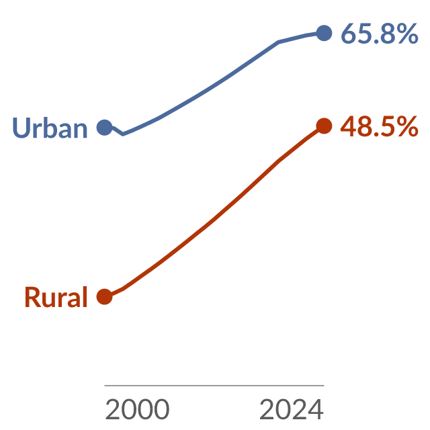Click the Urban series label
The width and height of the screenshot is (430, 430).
coord(50,128)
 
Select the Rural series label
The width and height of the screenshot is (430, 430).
coord(56,297)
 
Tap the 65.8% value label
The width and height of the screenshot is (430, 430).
coord(379,34)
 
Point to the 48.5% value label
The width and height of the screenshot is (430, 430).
coord(379,126)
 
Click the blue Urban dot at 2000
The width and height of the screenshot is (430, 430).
coord(105,128)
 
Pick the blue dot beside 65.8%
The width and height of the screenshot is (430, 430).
coord(324,33)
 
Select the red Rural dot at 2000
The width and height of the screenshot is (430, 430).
coord(105,297)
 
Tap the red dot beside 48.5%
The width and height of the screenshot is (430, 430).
coord(324,126)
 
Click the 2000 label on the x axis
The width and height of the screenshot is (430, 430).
coord(137,409)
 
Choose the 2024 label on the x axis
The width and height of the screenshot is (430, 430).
coord(292,409)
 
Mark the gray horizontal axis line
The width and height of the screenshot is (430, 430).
coord(214,386)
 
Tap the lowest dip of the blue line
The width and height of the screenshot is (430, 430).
coord(122,134)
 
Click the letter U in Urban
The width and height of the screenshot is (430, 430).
coord(21,128)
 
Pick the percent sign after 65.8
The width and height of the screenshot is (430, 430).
coord(408,34)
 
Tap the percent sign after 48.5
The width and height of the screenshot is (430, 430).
coord(408,126)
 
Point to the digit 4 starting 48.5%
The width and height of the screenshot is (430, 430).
coord(349,126)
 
